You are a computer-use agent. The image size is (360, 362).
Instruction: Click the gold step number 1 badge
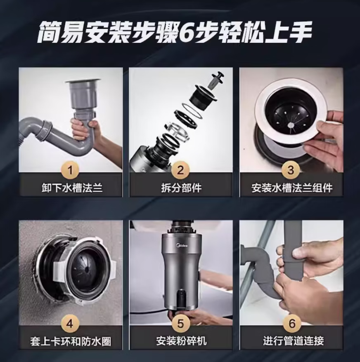[x=70, y=170]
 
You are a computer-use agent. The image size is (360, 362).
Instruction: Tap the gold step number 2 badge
[x=180, y=170]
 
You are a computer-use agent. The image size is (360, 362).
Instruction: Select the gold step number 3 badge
[x=291, y=170]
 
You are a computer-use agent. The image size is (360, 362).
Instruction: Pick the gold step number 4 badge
[x=70, y=324]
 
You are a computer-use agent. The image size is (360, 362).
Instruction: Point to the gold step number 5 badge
[x=180, y=324]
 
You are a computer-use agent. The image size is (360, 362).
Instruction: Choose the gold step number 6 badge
[x=292, y=324]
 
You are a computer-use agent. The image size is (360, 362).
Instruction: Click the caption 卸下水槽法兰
[x=72, y=188]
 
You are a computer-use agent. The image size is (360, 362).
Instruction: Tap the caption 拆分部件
[x=181, y=188]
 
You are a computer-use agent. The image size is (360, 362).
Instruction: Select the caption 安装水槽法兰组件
[x=292, y=188]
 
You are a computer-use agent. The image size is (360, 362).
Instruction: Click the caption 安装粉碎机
[x=181, y=341]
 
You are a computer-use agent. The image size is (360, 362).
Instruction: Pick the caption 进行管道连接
[x=293, y=341]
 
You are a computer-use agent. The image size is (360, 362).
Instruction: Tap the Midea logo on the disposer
[x=182, y=245]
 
